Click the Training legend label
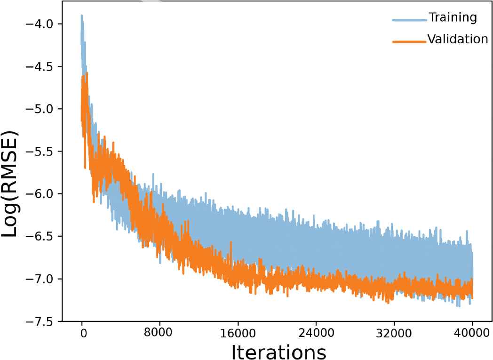point(452,18)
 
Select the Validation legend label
point(457,39)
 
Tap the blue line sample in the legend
point(409,20)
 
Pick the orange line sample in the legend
point(409,41)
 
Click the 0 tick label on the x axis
point(83,332)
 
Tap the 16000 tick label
point(238,332)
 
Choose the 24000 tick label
point(316,332)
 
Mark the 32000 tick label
point(394,332)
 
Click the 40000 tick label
point(472,332)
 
